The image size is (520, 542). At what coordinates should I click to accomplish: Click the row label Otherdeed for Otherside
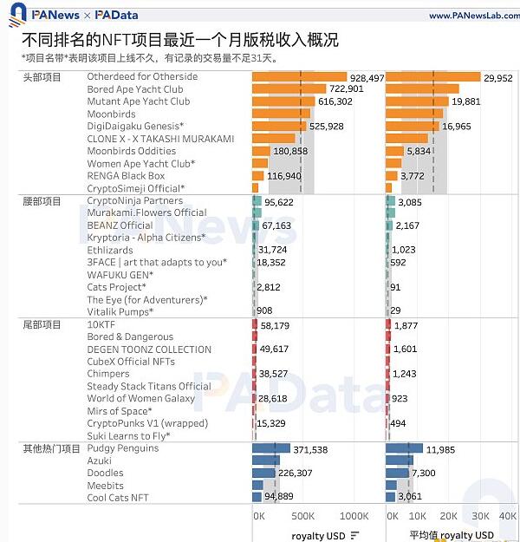point(142,77)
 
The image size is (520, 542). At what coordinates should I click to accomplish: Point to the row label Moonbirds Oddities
point(131,151)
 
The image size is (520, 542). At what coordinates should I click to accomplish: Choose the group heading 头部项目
point(42,77)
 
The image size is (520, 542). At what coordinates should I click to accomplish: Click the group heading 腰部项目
point(42,201)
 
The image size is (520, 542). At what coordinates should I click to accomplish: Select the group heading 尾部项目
point(42,324)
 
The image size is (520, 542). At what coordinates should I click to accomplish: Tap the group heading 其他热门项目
point(51,448)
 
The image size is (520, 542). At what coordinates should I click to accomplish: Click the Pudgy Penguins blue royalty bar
point(271,449)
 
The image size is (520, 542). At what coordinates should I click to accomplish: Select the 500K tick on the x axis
point(302,516)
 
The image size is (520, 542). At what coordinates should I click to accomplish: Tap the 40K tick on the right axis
point(508,516)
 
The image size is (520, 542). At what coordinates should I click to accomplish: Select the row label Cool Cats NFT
point(118,498)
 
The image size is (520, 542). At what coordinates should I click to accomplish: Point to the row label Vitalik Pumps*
point(120,312)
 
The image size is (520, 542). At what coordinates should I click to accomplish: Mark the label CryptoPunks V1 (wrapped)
point(135,423)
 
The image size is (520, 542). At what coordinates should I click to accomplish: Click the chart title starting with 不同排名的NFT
point(179,40)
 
